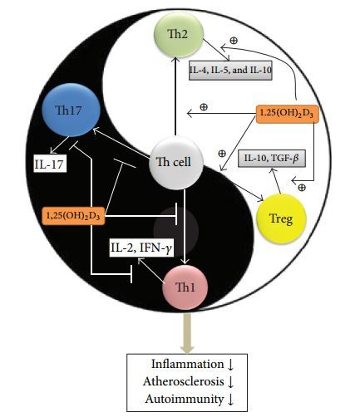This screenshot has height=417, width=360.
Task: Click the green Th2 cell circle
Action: pos(179,35)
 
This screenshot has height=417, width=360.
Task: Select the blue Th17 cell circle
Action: pos(71,110)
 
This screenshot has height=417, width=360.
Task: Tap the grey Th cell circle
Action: pos(175,164)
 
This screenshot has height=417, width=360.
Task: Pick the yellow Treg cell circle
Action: pos(281,218)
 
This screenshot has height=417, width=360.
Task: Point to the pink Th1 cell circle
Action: pos(185,287)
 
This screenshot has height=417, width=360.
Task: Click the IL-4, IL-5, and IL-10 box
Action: pos(230,71)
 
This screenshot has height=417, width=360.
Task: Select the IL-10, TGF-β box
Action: pos(272,159)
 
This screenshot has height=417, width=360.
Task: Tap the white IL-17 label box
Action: pos(50,164)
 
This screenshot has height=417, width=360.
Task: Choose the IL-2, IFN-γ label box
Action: pos(141,248)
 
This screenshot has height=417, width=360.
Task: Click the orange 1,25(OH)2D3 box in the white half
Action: pos(288,114)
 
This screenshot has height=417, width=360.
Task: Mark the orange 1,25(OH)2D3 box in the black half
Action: pos(73,216)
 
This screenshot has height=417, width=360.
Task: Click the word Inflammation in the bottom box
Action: pos(187,364)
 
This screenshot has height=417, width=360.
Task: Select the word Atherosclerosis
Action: pos(184,381)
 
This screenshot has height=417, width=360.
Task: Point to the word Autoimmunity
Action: pos(184,400)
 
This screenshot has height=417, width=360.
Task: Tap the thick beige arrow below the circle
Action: pos(187,332)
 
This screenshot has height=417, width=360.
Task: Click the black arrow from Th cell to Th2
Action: pos(175,96)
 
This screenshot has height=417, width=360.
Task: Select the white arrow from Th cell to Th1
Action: pos(185,227)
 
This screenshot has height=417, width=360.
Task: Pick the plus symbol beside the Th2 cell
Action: pos(234,41)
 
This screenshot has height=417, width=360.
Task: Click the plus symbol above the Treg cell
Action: pos(302,188)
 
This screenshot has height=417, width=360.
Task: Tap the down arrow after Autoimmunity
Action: pos(230,400)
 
